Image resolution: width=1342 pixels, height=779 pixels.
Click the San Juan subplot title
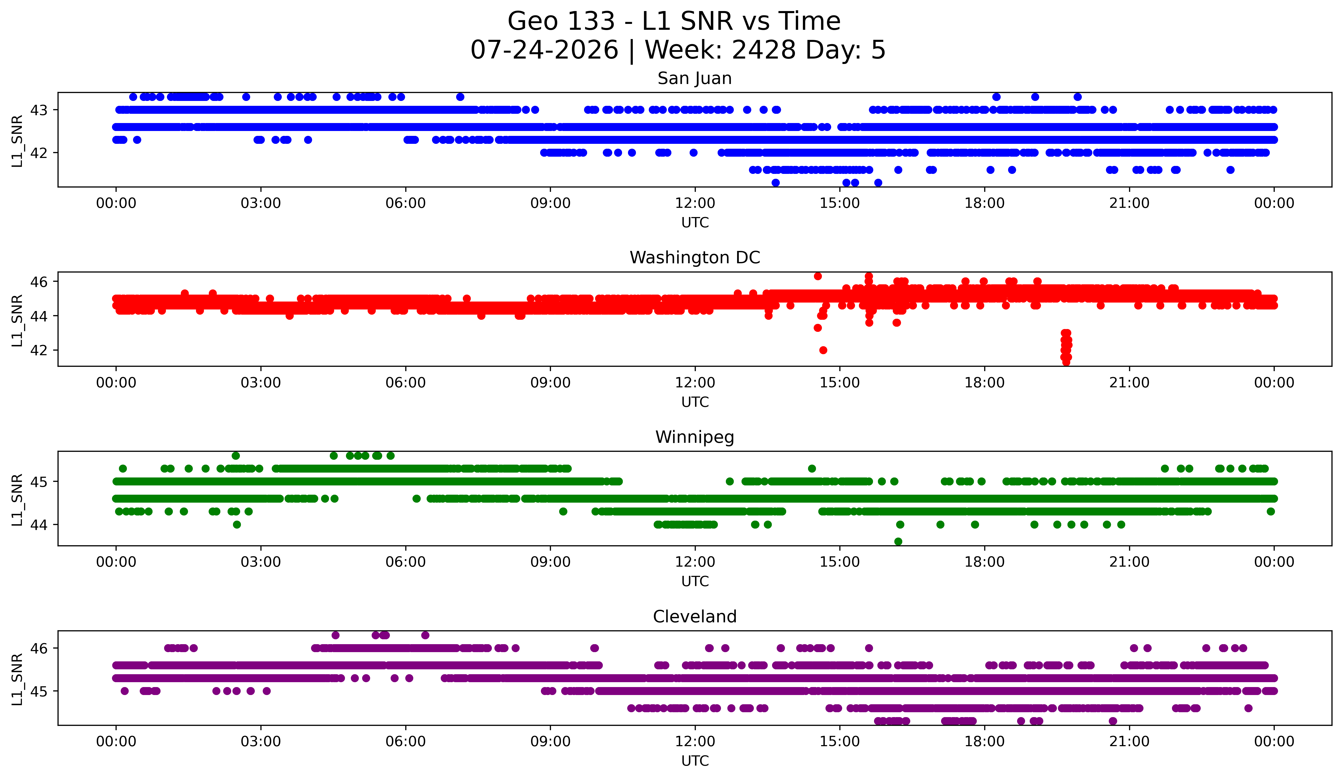click(695, 78)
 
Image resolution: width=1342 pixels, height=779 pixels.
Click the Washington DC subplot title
click(695, 258)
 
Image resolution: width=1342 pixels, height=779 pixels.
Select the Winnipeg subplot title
click(695, 437)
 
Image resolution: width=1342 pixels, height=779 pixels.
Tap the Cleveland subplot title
click(695, 617)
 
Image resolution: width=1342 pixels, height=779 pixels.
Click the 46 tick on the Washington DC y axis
click(38, 282)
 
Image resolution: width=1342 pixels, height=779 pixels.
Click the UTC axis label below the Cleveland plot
click(695, 761)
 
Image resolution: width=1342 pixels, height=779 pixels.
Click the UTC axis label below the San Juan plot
click(695, 223)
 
